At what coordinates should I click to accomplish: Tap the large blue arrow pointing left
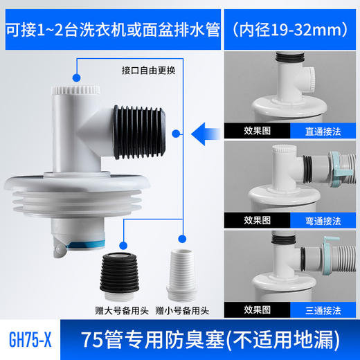[x=208, y=129]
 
